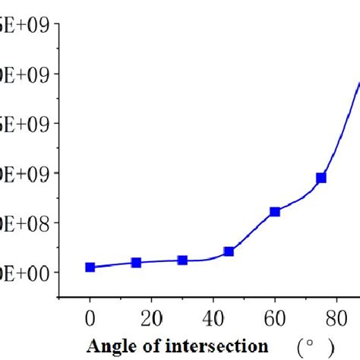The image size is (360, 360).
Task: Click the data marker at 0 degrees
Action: [90, 267]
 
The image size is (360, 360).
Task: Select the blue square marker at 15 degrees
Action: [137, 263]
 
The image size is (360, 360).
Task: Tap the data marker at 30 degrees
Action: [182, 261]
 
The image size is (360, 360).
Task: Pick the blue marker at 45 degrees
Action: [229, 251]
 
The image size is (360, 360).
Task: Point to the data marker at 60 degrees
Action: [275, 212]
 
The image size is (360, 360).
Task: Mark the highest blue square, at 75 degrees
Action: [321, 178]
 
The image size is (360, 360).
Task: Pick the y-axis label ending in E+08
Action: [26, 223]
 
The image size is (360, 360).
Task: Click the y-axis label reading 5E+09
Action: [26, 124]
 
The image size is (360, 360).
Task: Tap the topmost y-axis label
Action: [26, 25]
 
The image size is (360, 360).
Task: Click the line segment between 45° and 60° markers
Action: [252, 231]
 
